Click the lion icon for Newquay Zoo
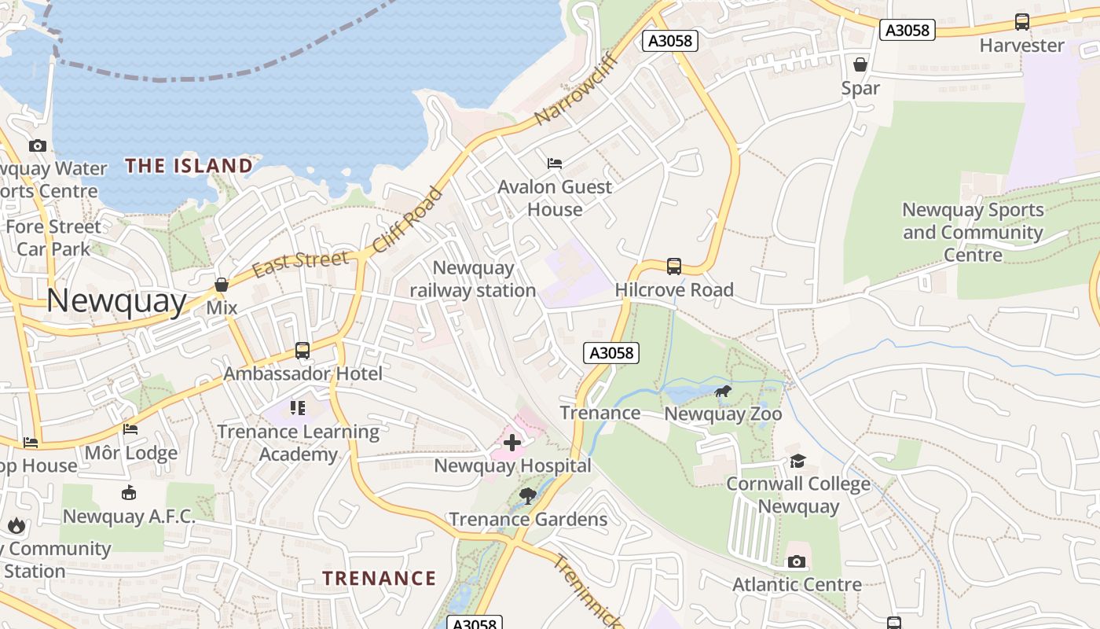tap(723, 391)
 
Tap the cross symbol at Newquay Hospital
tap(512, 443)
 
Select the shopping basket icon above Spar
tap(860, 64)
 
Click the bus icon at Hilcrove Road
tap(673, 267)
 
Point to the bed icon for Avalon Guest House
tap(555, 164)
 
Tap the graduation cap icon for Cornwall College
tap(797, 461)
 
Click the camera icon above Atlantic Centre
tap(797, 561)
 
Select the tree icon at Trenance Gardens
tap(528, 496)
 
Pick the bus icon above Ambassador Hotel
tap(302, 351)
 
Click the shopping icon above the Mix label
tap(222, 285)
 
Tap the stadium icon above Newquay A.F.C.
tap(129, 493)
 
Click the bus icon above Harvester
tap(1021, 22)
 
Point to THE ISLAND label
tap(189, 166)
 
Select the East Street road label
tap(300, 263)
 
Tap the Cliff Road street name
tap(407, 220)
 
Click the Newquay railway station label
tap(473, 279)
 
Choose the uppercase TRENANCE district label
tap(379, 579)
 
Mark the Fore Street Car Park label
tap(53, 237)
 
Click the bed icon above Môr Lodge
tap(130, 429)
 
